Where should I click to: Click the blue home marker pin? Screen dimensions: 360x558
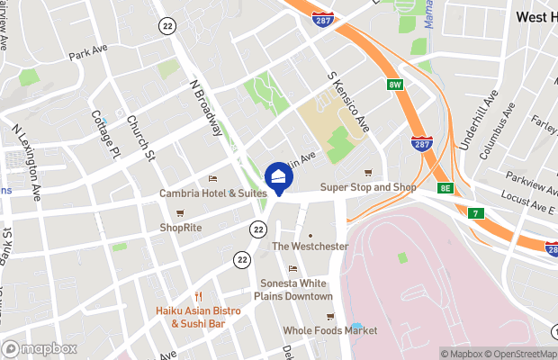click(279, 176)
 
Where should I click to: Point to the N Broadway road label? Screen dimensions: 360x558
click(205, 106)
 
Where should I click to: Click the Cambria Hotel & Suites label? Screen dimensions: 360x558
click(212, 193)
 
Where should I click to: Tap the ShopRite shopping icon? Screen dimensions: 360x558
click(180, 213)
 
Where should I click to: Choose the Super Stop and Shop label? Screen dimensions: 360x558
click(369, 187)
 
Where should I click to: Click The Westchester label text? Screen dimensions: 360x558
click(310, 246)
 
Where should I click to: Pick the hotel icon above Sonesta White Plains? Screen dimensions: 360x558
click(292, 268)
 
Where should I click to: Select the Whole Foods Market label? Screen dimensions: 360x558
click(329, 330)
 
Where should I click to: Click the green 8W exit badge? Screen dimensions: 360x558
click(394, 85)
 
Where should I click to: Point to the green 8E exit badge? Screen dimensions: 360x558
click(445, 187)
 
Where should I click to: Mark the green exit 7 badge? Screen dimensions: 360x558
click(475, 213)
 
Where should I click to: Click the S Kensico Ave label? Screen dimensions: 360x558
click(348, 99)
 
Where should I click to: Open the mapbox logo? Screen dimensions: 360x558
click(40, 348)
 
